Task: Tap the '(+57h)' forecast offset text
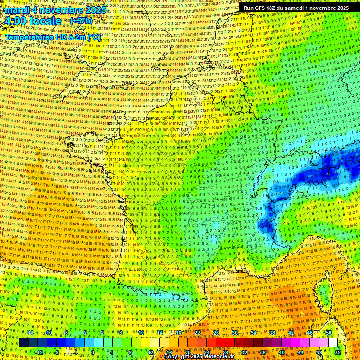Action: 81,22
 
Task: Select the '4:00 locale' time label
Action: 32,22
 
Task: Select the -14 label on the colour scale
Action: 30,333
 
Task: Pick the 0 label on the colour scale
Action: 93,352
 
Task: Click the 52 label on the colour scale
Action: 338,352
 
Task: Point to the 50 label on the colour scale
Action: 329,333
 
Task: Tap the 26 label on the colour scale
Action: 216,333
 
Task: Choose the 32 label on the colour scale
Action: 244,352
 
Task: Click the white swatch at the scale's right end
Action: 333,343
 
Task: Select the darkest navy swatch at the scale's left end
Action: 23,343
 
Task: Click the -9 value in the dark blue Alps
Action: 328,174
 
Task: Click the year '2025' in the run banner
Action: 340,8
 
